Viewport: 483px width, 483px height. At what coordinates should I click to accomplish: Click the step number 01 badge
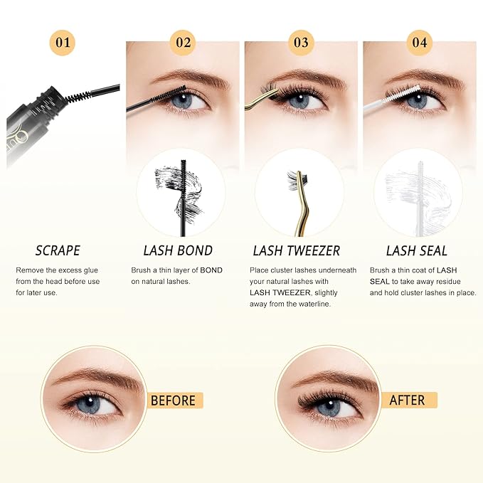click(x=63, y=43)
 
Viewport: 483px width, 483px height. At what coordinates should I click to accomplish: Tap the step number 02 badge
click(x=183, y=43)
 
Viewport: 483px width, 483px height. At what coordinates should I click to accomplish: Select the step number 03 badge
click(x=301, y=43)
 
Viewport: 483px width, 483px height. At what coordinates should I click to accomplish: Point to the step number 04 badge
click(x=419, y=43)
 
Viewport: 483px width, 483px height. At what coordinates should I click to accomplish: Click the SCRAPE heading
click(x=58, y=250)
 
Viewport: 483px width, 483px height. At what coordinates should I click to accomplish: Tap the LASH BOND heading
click(x=178, y=250)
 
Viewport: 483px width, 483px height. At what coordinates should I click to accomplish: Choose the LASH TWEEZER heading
click(x=297, y=250)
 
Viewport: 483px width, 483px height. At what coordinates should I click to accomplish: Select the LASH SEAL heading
click(x=416, y=250)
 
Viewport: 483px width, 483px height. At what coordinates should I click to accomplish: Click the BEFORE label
click(x=173, y=400)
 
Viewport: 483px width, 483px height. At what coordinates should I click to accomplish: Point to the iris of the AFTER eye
click(x=329, y=407)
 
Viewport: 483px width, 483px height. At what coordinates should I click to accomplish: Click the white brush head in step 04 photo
click(x=403, y=94)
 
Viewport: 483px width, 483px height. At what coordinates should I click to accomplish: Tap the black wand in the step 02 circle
click(x=184, y=198)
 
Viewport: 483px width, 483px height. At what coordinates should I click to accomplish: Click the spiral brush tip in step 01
click(x=78, y=96)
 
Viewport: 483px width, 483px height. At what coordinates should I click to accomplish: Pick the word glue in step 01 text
click(x=91, y=270)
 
